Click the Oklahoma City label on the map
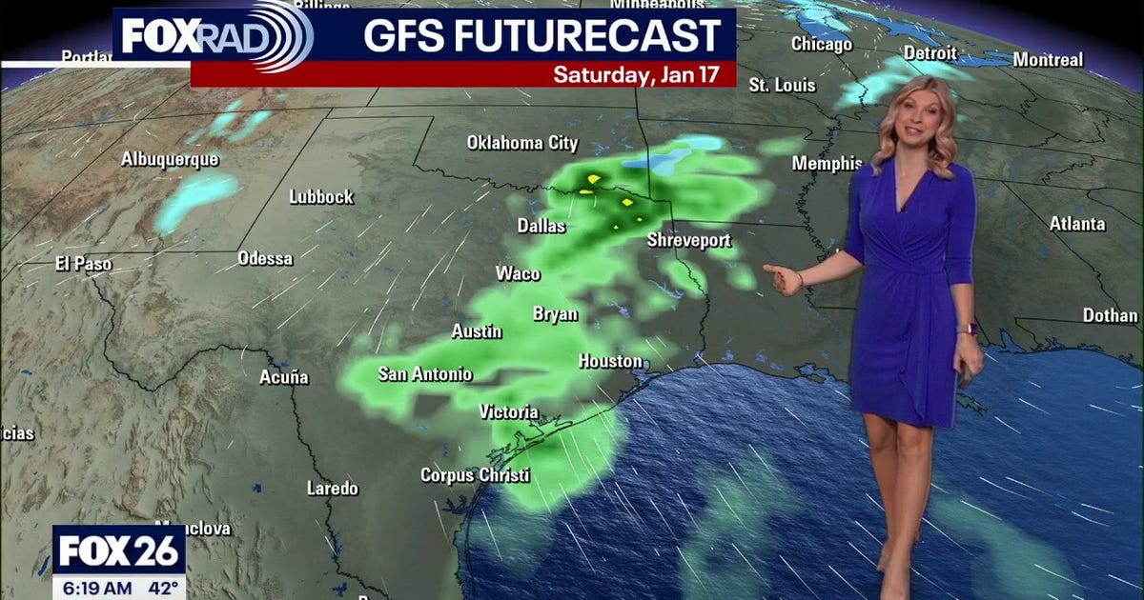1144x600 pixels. click(522, 143)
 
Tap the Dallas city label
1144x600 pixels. click(541, 227)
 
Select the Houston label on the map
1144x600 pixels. click(611, 362)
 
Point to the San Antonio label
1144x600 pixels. click(425, 374)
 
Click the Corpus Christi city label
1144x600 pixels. click(476, 474)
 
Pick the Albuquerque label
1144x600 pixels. click(170, 159)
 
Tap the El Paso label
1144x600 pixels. click(84, 265)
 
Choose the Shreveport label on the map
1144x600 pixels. click(689, 240)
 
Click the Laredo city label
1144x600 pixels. click(333, 489)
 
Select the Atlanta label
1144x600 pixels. click(1077, 224)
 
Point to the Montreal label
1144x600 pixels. click(1048, 60)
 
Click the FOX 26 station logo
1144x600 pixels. click(118, 550)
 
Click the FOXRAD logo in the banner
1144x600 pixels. click(214, 36)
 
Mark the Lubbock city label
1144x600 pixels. click(321, 197)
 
